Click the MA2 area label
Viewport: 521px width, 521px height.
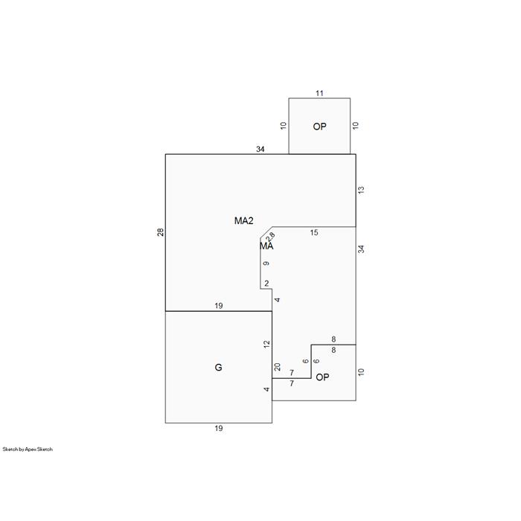click(x=244, y=220)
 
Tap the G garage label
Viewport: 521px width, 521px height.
click(x=218, y=367)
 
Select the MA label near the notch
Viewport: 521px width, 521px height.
click(x=266, y=246)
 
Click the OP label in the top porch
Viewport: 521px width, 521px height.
click(x=319, y=127)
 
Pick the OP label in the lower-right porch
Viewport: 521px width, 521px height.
click(x=322, y=377)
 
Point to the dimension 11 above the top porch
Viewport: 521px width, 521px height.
click(x=319, y=93)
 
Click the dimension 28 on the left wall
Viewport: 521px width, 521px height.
click(x=161, y=232)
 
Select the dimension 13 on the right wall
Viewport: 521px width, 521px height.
click(x=361, y=190)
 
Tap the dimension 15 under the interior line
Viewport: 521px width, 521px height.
click(x=314, y=232)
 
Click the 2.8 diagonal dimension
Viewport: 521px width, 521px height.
click(x=271, y=237)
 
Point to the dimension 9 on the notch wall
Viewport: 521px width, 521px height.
click(x=266, y=263)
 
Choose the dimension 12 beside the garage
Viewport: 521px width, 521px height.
click(x=266, y=344)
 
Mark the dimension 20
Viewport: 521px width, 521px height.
click(x=277, y=367)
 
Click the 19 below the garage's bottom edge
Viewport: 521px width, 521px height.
click(x=218, y=428)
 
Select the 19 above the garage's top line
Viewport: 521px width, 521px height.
click(x=218, y=306)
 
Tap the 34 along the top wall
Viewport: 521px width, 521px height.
click(x=260, y=149)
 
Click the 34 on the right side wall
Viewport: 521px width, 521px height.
click(x=361, y=249)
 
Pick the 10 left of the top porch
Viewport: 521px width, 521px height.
click(x=283, y=126)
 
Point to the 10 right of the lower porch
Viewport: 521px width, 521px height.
click(x=361, y=372)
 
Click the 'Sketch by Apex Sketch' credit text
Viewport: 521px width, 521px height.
click(x=28, y=450)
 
